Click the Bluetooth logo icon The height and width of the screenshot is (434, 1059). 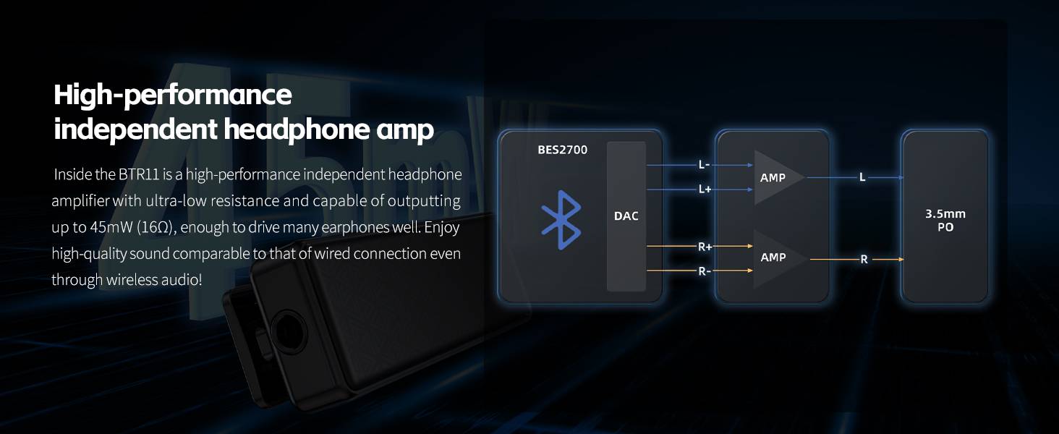(x=561, y=220)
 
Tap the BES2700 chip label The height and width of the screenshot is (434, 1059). (x=563, y=150)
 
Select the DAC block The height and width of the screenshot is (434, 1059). (x=626, y=216)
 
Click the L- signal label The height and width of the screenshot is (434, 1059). (x=705, y=164)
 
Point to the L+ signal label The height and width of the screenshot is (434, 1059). (x=705, y=189)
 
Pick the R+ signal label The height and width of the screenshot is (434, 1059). (x=705, y=247)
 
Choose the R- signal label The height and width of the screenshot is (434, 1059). (x=705, y=271)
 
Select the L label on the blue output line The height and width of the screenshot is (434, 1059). (x=862, y=177)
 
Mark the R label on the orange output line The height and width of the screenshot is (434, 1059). (x=864, y=260)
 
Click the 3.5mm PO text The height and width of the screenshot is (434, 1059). (x=945, y=221)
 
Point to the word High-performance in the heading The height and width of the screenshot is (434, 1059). (x=173, y=95)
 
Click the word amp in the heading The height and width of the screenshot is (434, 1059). (x=405, y=129)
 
